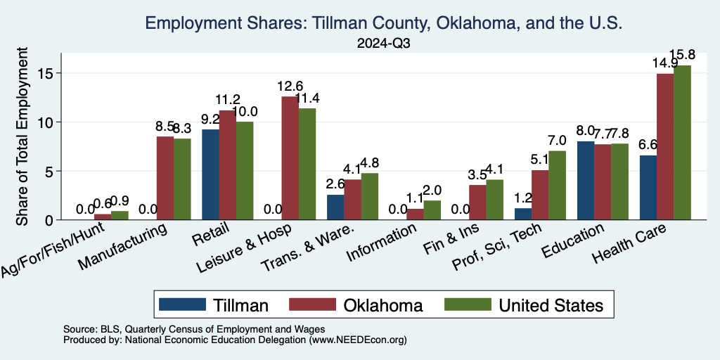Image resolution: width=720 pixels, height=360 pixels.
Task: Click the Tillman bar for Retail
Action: (x=210, y=174)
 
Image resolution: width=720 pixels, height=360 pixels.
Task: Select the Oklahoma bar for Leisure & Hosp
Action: (x=290, y=158)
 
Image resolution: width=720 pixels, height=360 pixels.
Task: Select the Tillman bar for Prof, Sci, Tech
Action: (x=523, y=214)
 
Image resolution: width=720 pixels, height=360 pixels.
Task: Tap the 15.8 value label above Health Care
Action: (x=683, y=55)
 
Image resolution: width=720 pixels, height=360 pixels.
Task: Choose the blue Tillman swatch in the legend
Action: (x=183, y=304)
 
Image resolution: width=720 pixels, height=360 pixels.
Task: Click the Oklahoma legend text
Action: (x=383, y=304)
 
